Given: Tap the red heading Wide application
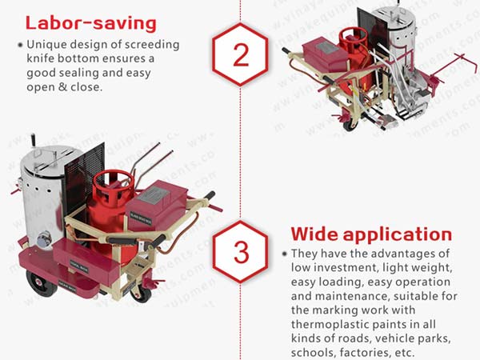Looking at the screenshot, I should tap(370, 234).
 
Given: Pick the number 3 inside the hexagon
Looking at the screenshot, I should tap(241, 250).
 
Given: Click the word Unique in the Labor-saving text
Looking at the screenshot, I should tap(46, 44).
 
